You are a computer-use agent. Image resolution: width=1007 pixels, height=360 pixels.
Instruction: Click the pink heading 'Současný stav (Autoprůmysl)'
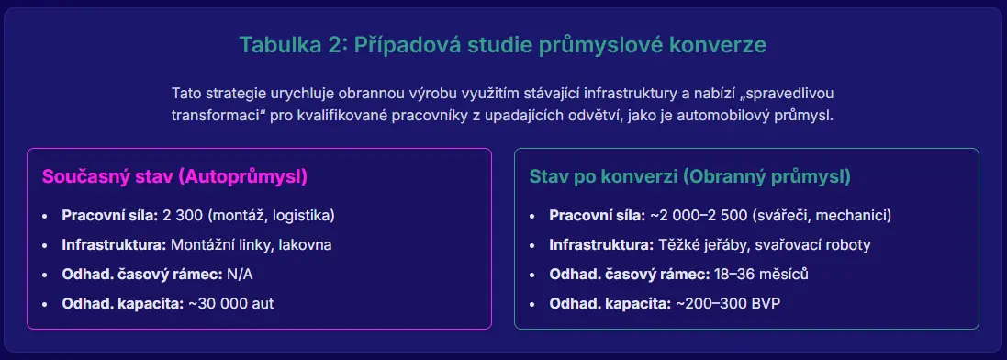click(174, 176)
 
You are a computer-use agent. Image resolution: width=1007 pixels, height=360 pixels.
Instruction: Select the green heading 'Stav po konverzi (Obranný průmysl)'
click(689, 176)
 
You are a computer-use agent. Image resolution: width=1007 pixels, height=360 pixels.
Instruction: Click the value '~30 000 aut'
click(230, 303)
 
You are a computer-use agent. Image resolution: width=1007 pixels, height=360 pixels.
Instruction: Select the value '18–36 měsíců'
click(761, 274)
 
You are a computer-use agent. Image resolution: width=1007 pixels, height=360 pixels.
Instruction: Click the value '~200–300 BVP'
click(728, 303)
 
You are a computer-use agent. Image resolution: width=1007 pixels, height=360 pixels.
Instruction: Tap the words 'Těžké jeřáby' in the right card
click(699, 245)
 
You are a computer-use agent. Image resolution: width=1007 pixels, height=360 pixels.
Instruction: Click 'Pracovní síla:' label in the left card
click(110, 215)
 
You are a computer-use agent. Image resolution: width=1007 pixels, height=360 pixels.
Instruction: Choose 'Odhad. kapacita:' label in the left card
click(123, 303)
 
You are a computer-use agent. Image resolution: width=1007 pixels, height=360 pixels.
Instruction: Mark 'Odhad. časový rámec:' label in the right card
click(630, 274)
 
